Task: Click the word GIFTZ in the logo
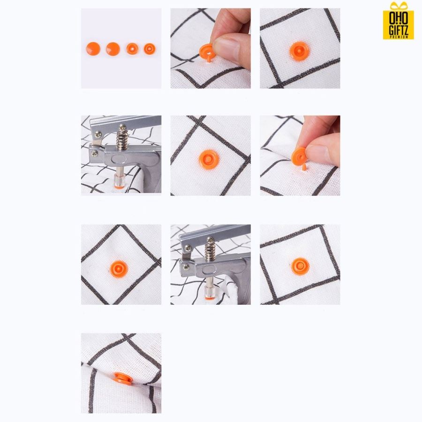(x=399, y=30)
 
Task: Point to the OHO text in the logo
(x=399, y=18)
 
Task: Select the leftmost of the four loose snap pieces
(x=93, y=49)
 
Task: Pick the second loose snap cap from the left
(x=113, y=49)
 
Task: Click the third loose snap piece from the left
(x=132, y=49)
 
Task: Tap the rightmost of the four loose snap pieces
(x=150, y=49)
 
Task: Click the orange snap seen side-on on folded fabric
(x=123, y=378)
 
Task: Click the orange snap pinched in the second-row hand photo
(x=300, y=158)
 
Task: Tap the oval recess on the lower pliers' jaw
(x=210, y=270)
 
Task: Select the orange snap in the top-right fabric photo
(x=299, y=51)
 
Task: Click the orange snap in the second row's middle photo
(x=209, y=159)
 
